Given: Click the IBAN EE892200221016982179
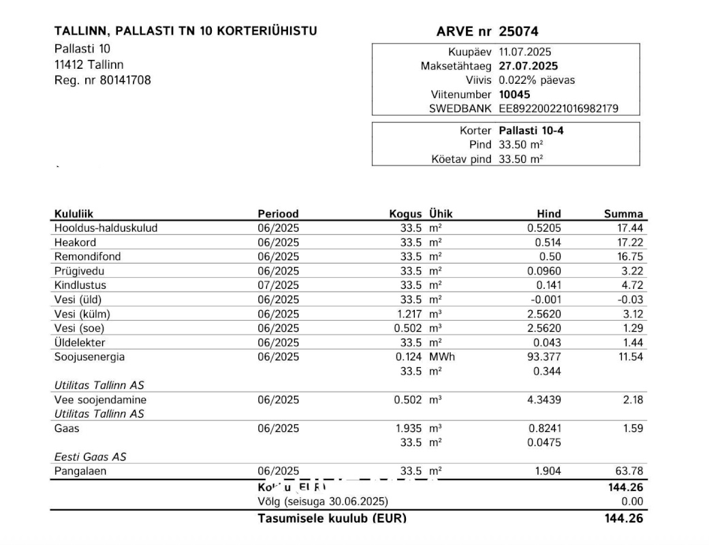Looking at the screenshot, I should tap(558, 109).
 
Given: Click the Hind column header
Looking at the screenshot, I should tap(548, 214).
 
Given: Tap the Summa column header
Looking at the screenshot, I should tap(623, 214).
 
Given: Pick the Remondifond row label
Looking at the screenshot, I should tap(83, 256).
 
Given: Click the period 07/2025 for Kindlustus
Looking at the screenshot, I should tap(278, 285).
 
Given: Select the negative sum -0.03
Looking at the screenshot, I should tap(630, 299).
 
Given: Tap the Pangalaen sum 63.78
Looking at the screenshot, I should tap(629, 471).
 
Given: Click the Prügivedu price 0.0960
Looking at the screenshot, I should tap(545, 270).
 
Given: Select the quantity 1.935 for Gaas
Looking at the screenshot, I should tap(409, 429).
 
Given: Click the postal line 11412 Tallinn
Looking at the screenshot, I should tap(89, 65).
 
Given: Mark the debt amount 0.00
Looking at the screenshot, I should tap(632, 502).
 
